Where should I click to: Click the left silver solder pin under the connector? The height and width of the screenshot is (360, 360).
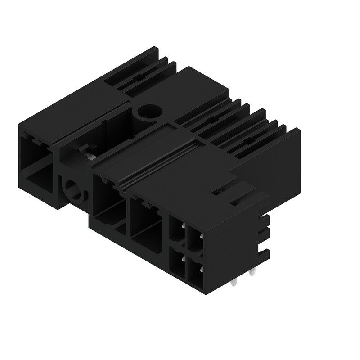[234, 283]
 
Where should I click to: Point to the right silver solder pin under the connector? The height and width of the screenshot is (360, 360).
[253, 273]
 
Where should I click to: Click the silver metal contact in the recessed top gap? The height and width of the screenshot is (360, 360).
[91, 155]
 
